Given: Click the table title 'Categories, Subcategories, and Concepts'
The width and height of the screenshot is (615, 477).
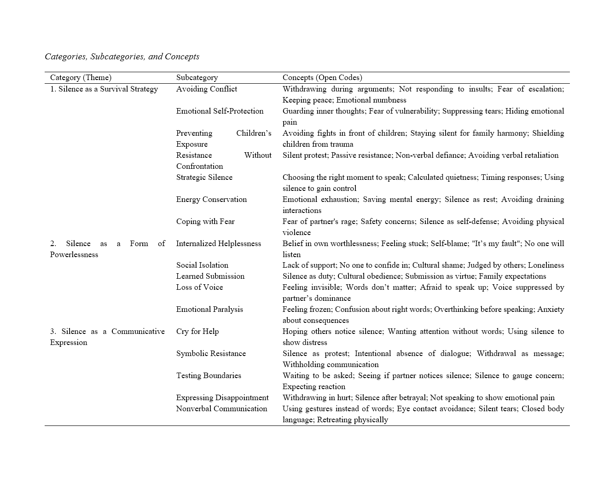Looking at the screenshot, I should pos(122,57).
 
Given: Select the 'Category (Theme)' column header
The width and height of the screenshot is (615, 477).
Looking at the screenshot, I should pos(81,78).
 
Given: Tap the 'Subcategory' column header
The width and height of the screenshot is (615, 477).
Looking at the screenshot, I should pos(197,78).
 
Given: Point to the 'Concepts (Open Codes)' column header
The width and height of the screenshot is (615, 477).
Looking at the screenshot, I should pos(322,78).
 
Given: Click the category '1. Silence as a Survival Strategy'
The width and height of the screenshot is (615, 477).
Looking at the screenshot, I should pos(104,89).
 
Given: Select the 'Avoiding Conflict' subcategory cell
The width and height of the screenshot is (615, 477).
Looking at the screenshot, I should pos(207,89).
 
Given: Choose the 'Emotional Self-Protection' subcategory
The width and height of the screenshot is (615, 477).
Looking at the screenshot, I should pos(220,111).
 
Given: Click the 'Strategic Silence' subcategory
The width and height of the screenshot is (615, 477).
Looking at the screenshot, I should pos(204,178).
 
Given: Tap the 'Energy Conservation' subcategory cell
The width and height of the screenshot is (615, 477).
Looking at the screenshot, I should pos(211,200).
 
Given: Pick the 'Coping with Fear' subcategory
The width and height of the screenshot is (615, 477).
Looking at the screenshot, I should pos(205,222).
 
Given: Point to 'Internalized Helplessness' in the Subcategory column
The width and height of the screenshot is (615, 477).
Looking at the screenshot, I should pos(219,244).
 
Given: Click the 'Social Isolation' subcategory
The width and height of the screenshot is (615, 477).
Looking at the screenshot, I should pos(202,265).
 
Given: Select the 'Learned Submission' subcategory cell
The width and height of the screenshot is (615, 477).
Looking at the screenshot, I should pos(210,276).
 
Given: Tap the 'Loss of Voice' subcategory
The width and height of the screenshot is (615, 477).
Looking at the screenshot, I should pos(199,287).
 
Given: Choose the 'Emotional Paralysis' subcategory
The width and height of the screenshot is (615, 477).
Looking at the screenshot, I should pos(209,310).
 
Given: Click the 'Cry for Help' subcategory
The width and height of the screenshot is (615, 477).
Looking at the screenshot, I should pos(197,332).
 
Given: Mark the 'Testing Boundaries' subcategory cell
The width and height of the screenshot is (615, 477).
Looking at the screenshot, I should pos(209,376).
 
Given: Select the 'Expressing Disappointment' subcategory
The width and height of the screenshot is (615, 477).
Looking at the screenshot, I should pos(222,398).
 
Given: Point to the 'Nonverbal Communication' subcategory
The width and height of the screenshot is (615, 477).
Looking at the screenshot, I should pos(221,409).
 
